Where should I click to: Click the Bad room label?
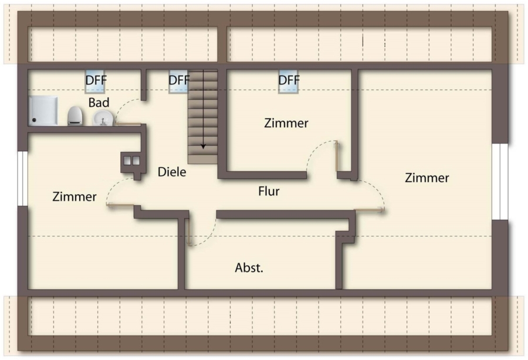pyautogui.click(x=99, y=103)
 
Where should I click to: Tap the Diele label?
pyautogui.click(x=172, y=172)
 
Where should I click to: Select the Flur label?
pyautogui.click(x=269, y=191)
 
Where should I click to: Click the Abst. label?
pyautogui.click(x=249, y=268)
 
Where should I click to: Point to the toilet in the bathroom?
pyautogui.click(x=75, y=116)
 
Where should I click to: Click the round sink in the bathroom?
pyautogui.click(x=103, y=119)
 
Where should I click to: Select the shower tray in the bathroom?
pyautogui.click(x=44, y=111)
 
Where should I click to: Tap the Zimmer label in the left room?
pyautogui.click(x=74, y=197)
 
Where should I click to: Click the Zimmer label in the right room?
pyautogui.click(x=427, y=178)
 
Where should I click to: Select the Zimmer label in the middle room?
pyautogui.click(x=286, y=123)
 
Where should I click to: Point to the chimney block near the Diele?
pyautogui.click(x=131, y=161)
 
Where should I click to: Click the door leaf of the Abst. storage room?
pyautogui.click(x=188, y=232)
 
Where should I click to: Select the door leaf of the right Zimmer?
pyautogui.click(x=369, y=209)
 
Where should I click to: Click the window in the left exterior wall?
pyautogui.click(x=22, y=178)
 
